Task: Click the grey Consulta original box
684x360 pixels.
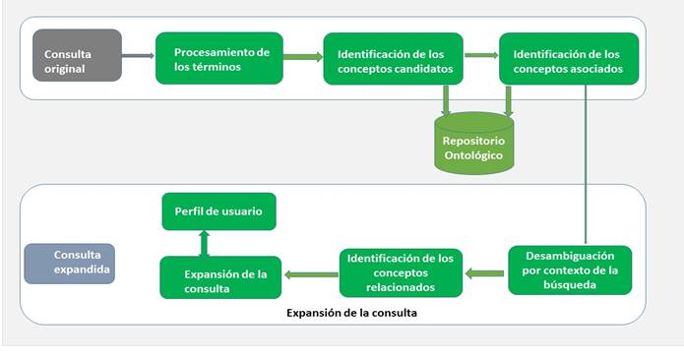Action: (77, 55)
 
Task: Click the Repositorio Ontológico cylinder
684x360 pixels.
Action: (474, 147)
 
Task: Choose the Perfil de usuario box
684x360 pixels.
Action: (218, 210)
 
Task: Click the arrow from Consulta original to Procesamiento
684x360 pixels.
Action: (139, 55)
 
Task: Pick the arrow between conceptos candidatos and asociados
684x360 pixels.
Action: (480, 56)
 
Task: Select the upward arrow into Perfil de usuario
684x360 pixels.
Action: (202, 242)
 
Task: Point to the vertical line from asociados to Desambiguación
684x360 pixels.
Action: (586, 167)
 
